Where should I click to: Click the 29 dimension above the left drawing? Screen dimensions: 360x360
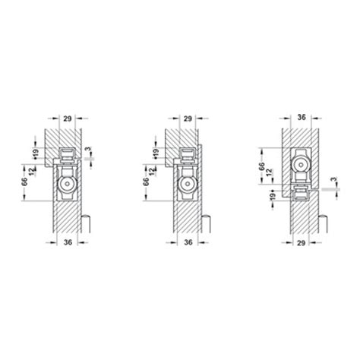[68, 118]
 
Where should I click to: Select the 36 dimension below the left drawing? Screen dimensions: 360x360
[68, 242]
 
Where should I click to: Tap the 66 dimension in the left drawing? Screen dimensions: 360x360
[24, 182]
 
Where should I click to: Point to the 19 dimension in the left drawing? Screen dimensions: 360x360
[36, 153]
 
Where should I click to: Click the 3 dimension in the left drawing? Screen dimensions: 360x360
[87, 149]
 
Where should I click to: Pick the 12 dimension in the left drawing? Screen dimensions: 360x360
[31, 172]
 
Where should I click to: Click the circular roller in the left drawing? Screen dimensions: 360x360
[67, 185]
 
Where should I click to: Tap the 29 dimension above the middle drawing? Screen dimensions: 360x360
[188, 118]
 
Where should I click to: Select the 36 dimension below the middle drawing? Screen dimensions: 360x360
[188, 242]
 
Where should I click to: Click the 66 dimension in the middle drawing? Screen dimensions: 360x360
[146, 182]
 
